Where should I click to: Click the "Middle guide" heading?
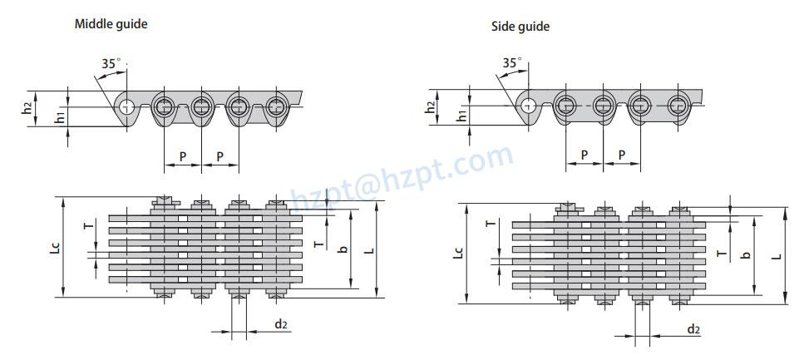pyautogui.click(x=111, y=24)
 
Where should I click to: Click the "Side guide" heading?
pyautogui.click(x=520, y=27)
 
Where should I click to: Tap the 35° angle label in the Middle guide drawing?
pyautogui.click(x=111, y=63)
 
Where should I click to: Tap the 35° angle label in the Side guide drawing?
pyautogui.click(x=512, y=62)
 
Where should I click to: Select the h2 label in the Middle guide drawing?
pyautogui.click(x=27, y=109)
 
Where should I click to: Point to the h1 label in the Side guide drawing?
pyautogui.click(x=462, y=116)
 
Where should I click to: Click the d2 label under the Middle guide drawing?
pyautogui.click(x=280, y=323)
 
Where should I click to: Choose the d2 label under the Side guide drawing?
pyautogui.click(x=693, y=329)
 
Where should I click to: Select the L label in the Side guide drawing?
pyautogui.click(x=778, y=255)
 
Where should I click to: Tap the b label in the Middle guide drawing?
pyautogui.click(x=343, y=249)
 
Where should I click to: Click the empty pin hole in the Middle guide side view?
pyautogui.click(x=126, y=107)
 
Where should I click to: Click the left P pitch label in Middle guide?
pyautogui.click(x=183, y=157)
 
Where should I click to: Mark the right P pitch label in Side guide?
pyautogui.click(x=622, y=155)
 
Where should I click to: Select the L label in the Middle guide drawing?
pyautogui.click(x=372, y=249)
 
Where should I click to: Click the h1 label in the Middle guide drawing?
pyautogui.click(x=60, y=117)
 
